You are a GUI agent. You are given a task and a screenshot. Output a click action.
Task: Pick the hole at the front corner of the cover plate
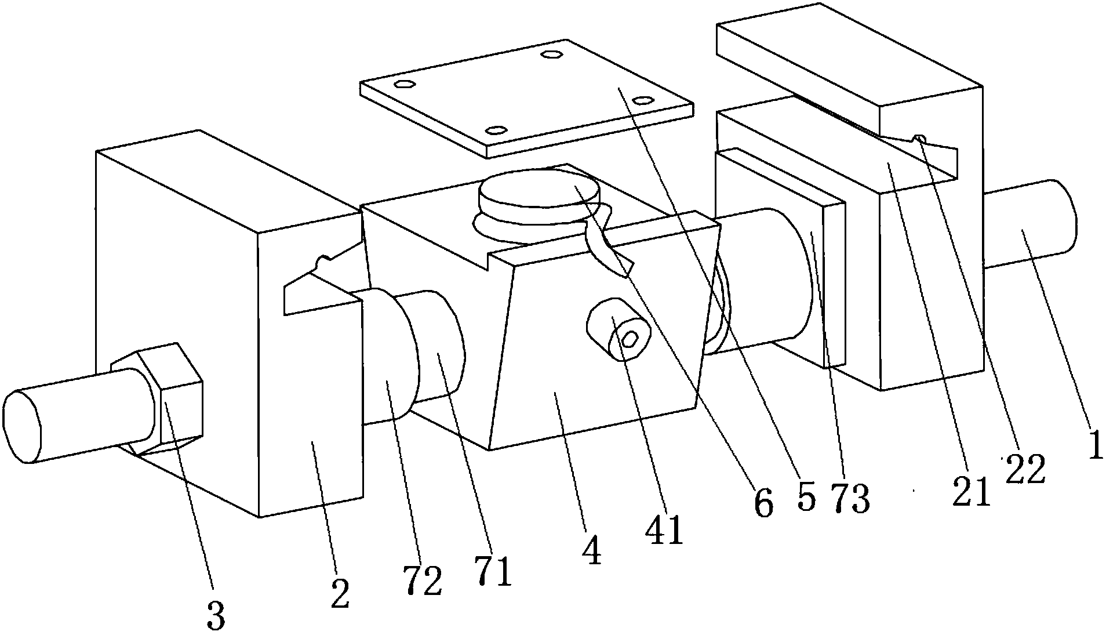496,130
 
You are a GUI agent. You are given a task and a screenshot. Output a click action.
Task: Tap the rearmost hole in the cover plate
551,55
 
